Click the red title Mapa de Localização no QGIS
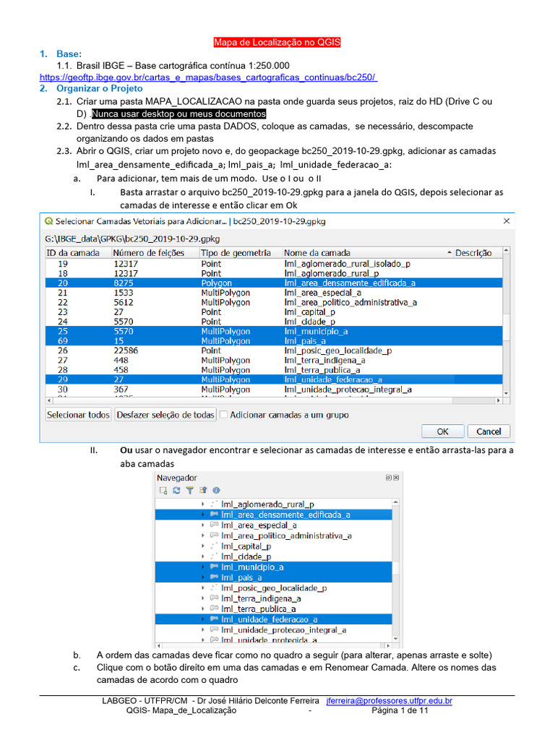pyautogui.click(x=277, y=43)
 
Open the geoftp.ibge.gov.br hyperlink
pyautogui.click(x=208, y=77)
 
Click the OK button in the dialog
pyautogui.click(x=443, y=431)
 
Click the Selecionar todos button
pyautogui.click(x=78, y=415)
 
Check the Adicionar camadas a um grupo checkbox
pyautogui.click(x=224, y=415)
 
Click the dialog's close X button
pyautogui.click(x=506, y=221)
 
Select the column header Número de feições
pyautogui.click(x=149, y=253)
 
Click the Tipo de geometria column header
pyautogui.click(x=236, y=253)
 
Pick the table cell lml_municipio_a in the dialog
pyautogui.click(x=316, y=331)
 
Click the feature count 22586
pyautogui.click(x=127, y=350)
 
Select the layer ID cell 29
pyautogui.click(x=63, y=379)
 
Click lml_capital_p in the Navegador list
pyautogui.click(x=246, y=546)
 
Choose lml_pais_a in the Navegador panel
pyautogui.click(x=241, y=577)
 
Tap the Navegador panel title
pyautogui.click(x=177, y=478)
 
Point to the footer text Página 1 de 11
pyautogui.click(x=400, y=711)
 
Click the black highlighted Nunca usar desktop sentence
pyautogui.click(x=178, y=114)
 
